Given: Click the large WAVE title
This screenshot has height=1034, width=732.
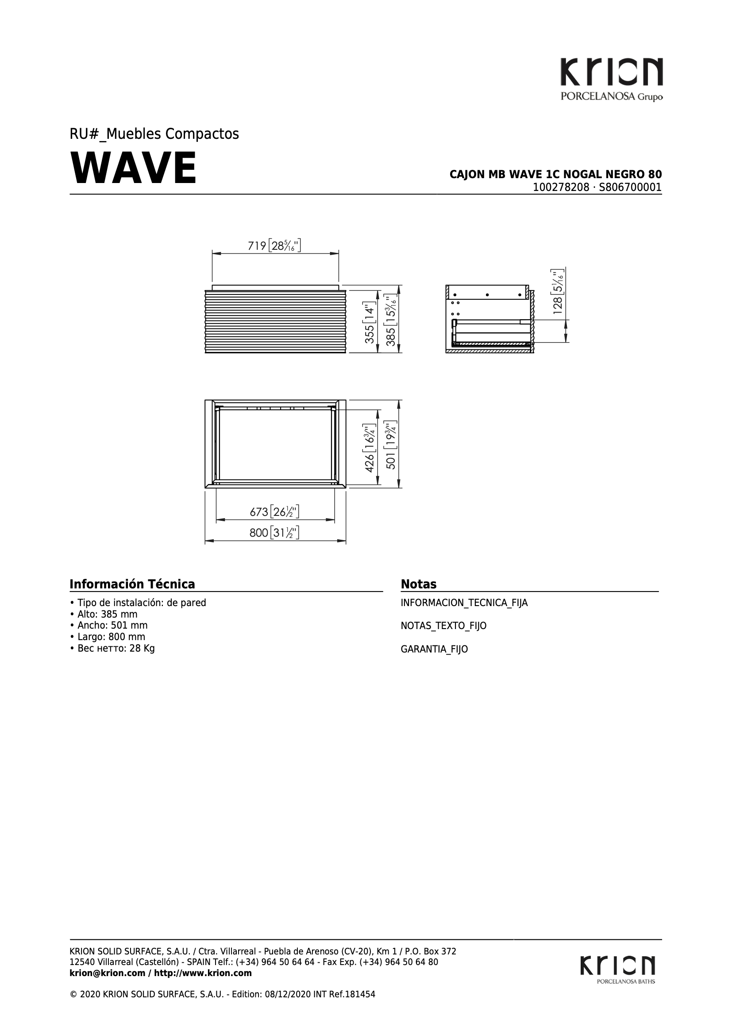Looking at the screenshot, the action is coord(133,168).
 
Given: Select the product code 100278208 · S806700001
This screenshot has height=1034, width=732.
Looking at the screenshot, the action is coord(597,187).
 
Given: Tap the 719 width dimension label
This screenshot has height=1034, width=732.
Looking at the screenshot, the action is coord(274,246).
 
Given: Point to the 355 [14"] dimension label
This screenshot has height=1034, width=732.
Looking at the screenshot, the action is coord(370,318).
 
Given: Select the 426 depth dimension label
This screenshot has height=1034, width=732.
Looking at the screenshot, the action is coord(370,449).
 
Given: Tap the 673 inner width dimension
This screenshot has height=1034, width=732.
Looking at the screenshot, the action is coord(274,511).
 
